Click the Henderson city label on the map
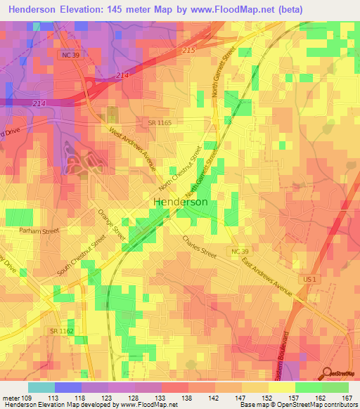(180, 202)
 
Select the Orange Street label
(111, 224)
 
